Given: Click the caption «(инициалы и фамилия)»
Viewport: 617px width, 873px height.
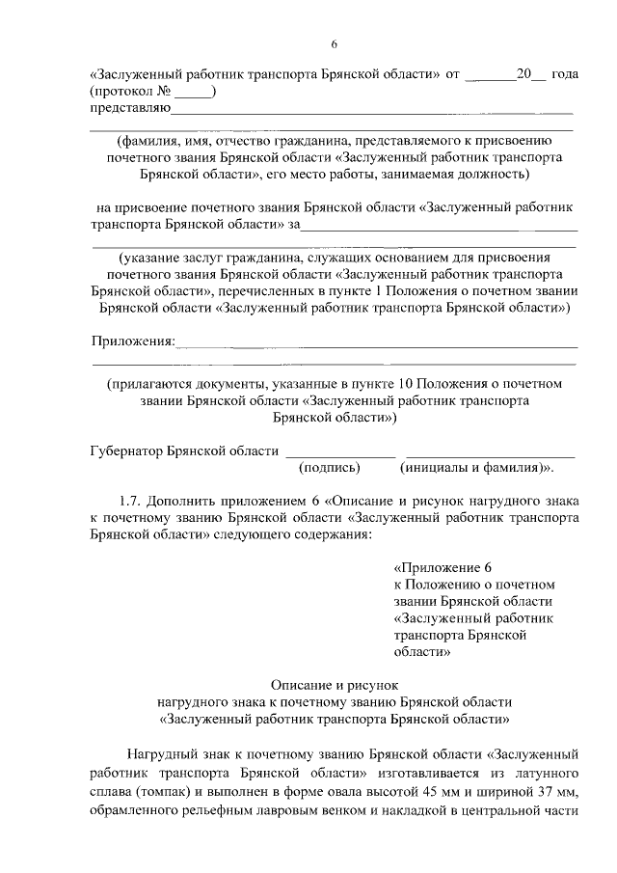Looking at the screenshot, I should click(x=469, y=467).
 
